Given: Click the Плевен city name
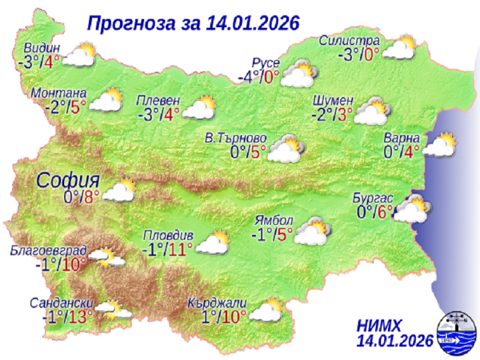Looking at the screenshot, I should click(x=159, y=101).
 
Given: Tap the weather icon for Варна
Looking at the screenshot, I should click(x=439, y=145).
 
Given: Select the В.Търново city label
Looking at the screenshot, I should click(x=235, y=138).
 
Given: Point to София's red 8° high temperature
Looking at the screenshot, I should click(x=93, y=196).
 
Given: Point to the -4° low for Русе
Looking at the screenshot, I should click(x=250, y=77).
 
